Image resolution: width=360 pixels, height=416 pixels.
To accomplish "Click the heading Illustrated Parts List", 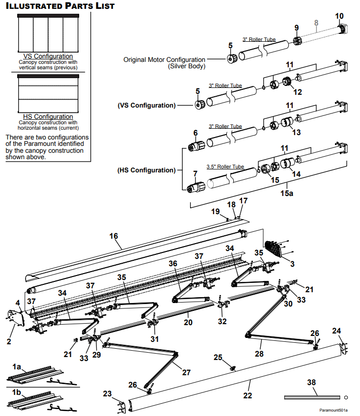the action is tap(60, 6).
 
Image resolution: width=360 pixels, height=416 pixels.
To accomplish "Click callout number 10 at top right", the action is tap(339, 16).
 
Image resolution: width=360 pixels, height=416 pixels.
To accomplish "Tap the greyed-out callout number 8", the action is tap(316, 23).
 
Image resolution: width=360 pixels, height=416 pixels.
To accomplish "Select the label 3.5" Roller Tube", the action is tap(225, 166).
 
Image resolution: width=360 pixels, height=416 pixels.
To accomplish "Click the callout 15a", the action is tap(287, 193).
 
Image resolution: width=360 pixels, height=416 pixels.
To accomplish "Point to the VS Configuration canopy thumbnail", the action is tap(48, 33).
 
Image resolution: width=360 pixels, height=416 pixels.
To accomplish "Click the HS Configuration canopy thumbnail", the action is tap(48, 94).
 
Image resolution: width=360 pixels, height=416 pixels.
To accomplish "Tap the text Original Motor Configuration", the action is tap(164, 60).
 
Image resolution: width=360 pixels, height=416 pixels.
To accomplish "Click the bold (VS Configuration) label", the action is tap(147, 105).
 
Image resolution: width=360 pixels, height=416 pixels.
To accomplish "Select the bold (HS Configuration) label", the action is tap(146, 170).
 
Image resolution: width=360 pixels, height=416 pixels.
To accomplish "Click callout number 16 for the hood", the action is tap(113, 236).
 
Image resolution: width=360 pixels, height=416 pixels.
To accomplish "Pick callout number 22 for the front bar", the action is tap(248, 395).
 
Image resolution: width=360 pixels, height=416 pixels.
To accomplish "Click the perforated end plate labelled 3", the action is tap(274, 249).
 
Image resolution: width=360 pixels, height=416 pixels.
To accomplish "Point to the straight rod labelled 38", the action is tap(312, 397).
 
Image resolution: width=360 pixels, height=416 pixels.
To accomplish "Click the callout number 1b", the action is tap(16, 392).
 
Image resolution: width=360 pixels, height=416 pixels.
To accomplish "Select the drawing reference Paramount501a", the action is tap(333, 410).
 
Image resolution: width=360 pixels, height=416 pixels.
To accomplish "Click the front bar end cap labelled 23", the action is tap(121, 407).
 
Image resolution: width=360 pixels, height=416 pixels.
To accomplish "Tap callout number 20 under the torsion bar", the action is tap(188, 322).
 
